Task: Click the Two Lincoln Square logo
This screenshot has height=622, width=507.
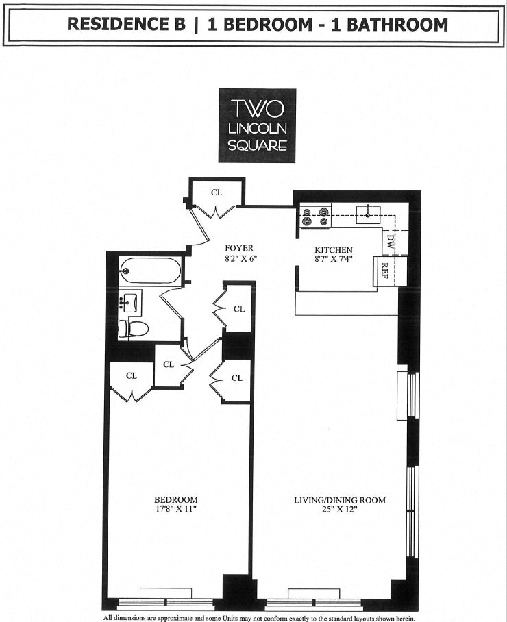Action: [257, 126]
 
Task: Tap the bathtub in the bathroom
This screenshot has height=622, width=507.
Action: [151, 271]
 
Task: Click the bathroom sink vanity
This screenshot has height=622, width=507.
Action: [130, 300]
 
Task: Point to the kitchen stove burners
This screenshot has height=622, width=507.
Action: [316, 216]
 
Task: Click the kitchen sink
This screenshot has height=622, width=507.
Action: [368, 214]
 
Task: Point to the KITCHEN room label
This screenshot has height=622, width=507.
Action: [334, 250]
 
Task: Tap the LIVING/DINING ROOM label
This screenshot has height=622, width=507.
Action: [340, 501]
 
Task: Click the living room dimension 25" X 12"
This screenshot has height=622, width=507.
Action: [340, 510]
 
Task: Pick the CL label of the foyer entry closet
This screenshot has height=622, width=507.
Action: [217, 192]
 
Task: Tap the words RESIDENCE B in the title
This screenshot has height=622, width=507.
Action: [127, 25]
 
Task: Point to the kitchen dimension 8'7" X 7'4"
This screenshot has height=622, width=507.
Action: [334, 259]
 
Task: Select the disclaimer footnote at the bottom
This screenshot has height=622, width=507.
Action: [259, 617]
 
